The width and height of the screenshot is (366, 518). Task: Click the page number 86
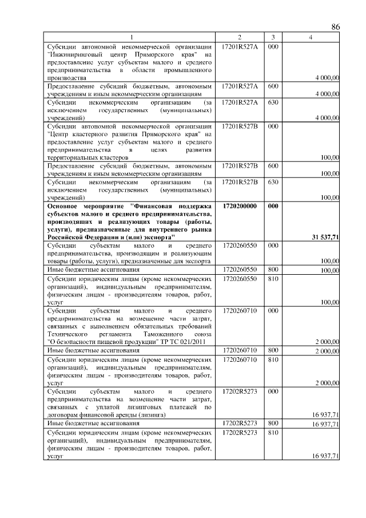click(335, 27)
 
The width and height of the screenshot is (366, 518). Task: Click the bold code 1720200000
click(240, 205)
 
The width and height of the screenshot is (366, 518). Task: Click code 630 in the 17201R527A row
click(273, 102)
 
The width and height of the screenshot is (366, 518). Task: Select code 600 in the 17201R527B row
click(273, 165)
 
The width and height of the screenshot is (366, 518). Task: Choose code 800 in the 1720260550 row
click(273, 270)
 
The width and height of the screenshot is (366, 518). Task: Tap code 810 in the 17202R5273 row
click(273, 434)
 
